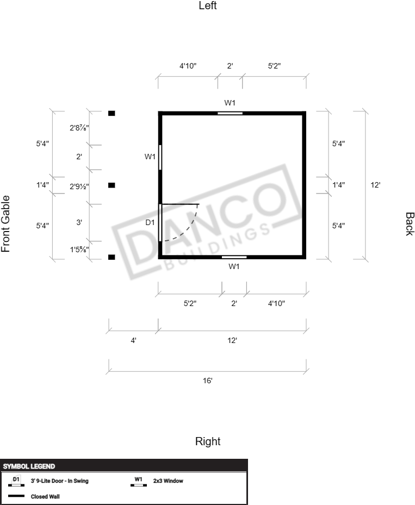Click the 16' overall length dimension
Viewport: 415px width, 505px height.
click(x=208, y=381)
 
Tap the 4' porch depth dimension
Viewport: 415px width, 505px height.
click(x=133, y=340)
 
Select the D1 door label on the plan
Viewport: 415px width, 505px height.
click(x=150, y=222)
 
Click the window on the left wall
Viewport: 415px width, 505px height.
click(x=230, y=113)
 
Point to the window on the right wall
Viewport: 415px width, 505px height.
click(x=234, y=257)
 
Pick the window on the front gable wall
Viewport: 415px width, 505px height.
click(x=160, y=157)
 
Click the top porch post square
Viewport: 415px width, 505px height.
click(x=112, y=113)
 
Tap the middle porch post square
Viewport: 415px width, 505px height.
click(x=112, y=185)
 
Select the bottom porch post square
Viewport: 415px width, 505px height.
click(x=112, y=257)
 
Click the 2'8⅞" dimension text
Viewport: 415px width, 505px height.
click(x=79, y=128)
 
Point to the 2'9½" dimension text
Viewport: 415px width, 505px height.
click(x=79, y=186)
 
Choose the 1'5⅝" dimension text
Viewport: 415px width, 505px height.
click(x=79, y=250)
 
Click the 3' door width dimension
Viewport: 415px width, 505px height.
click(x=79, y=222)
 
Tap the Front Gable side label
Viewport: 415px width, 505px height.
click(x=5, y=224)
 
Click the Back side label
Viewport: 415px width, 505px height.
click(x=410, y=224)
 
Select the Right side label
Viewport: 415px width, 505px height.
click(x=208, y=441)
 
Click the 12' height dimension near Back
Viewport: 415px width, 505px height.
click(x=375, y=185)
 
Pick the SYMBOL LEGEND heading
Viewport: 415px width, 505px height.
click(x=29, y=466)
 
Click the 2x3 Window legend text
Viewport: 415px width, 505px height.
click(x=168, y=481)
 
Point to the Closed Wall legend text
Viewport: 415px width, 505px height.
click(x=45, y=497)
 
